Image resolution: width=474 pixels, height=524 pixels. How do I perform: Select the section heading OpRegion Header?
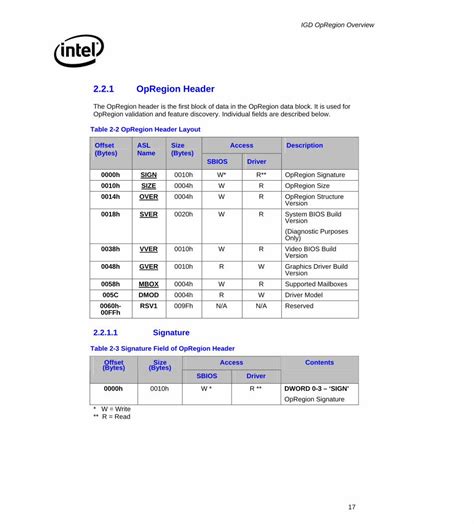coord(175,88)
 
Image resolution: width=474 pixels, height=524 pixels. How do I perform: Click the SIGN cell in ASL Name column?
coord(148,174)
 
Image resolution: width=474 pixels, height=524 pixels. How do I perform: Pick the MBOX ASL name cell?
coord(148,284)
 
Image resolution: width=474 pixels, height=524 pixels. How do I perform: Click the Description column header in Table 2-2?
coord(304,145)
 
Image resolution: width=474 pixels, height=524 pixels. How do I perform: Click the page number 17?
coord(352,507)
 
